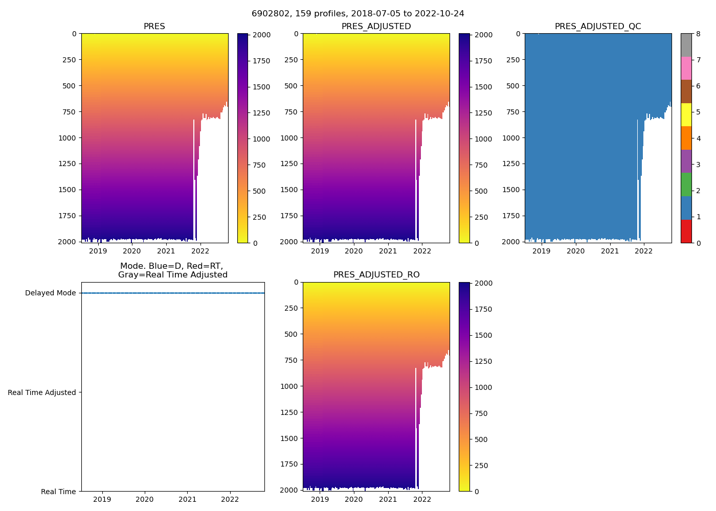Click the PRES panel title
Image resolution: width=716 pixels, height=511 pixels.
(154, 27)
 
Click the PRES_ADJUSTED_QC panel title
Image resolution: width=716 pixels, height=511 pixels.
(598, 27)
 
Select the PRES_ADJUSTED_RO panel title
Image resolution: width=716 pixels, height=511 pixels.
(376, 275)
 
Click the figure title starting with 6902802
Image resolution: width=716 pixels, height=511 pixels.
(358, 14)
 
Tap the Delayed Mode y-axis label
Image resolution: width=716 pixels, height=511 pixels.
(50, 293)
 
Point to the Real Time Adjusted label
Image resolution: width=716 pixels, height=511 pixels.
(42, 392)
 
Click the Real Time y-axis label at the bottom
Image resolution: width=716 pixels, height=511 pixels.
(58, 492)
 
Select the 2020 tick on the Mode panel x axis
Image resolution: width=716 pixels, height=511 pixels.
(145, 499)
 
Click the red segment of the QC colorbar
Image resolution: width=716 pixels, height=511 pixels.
(686, 231)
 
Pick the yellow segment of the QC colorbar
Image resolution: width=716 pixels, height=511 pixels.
(686, 115)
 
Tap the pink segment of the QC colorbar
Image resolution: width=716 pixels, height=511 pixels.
(686, 68)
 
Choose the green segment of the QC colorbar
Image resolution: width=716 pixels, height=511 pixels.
(686, 184)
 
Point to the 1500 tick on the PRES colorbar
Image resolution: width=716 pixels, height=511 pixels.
(262, 87)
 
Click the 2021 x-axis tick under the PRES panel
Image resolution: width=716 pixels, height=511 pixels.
(166, 251)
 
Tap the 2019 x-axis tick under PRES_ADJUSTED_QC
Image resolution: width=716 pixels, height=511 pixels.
(542, 251)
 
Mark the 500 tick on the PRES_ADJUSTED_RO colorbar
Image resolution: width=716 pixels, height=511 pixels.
(481, 439)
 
